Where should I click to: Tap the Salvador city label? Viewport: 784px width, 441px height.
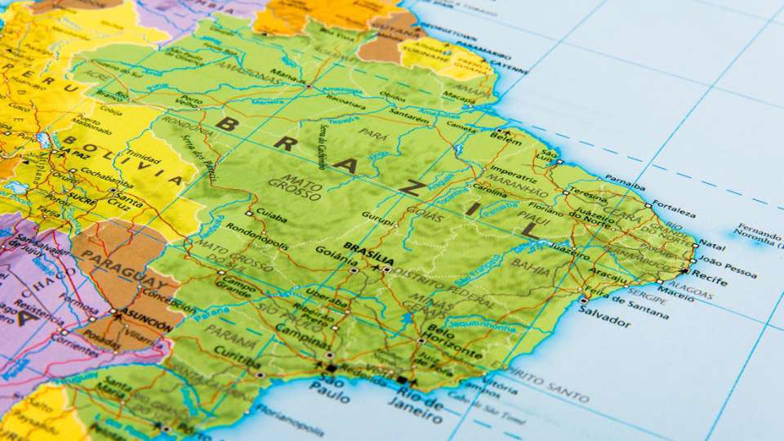click(x=605, y=320)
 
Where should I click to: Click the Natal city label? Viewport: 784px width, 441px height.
click(x=712, y=244)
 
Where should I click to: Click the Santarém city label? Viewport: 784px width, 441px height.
click(x=409, y=119)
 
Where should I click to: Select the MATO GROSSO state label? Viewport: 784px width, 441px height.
click(x=300, y=187)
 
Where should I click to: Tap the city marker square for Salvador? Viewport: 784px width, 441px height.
click(x=582, y=301)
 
